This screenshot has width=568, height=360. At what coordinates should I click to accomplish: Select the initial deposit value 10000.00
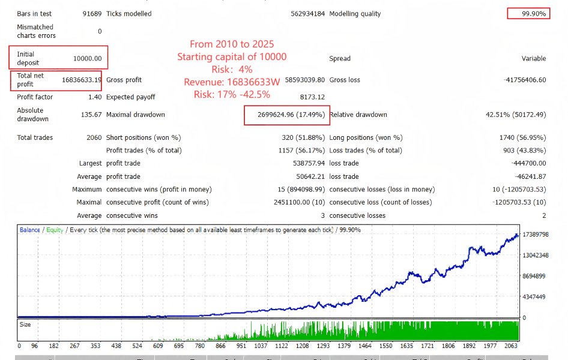click(87, 59)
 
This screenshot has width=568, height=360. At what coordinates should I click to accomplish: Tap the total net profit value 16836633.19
click(82, 80)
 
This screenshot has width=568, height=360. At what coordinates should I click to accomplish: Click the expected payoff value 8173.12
click(312, 97)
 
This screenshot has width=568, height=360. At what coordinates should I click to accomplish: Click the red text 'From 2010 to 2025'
click(232, 44)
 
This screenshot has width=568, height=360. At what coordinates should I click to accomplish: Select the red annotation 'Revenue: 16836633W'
click(232, 82)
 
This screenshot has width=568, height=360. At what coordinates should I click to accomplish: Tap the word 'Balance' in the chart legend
click(30, 230)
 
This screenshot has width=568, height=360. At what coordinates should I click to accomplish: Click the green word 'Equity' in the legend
click(54, 230)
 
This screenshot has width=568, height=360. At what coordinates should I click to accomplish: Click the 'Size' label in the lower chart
click(26, 325)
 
